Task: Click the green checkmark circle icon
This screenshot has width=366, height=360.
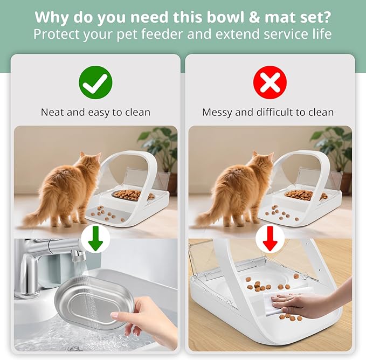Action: (x=95, y=82)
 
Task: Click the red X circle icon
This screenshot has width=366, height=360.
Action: (x=270, y=82)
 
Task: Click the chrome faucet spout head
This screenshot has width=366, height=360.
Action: (x=78, y=252)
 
